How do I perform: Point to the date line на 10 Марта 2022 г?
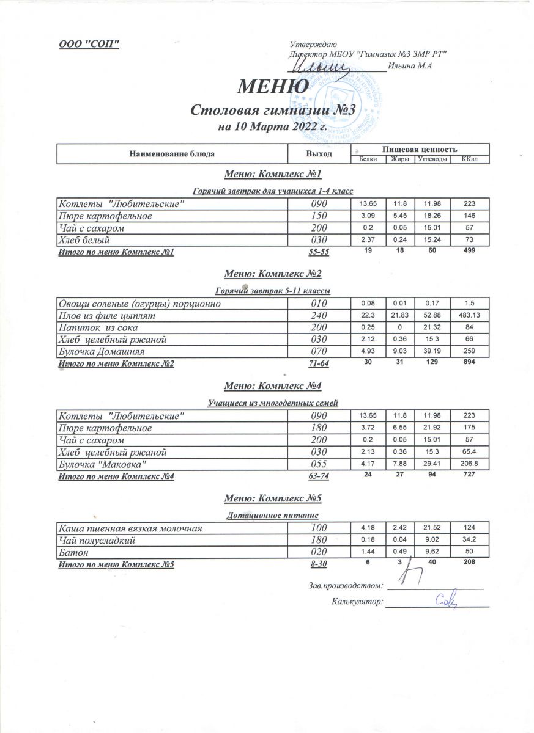272,128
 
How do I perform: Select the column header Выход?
319,154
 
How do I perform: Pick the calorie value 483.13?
470,316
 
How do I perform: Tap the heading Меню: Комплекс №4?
273,386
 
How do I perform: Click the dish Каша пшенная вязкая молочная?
129,528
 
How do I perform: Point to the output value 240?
319,316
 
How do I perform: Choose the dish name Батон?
72,552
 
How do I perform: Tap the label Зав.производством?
346,585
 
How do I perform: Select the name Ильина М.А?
410,66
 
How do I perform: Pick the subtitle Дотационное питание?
273,516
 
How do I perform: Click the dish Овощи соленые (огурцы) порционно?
138,304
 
